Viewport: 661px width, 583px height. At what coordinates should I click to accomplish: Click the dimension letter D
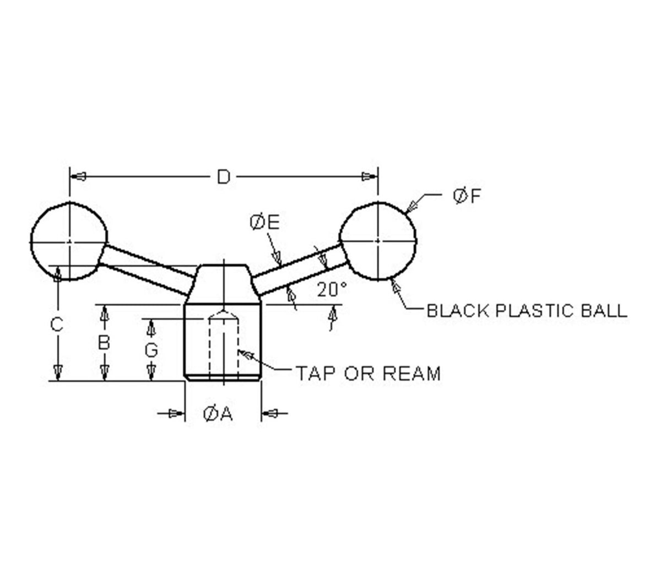(x=224, y=177)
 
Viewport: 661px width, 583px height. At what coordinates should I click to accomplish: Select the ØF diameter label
(x=467, y=196)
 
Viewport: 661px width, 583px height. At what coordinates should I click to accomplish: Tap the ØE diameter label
(x=264, y=222)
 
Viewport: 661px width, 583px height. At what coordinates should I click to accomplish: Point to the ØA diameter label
(x=218, y=414)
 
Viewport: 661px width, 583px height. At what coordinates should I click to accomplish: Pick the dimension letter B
(x=104, y=343)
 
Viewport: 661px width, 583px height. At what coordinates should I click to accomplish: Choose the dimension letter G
(x=151, y=350)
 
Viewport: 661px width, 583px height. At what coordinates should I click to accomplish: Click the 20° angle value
(x=332, y=289)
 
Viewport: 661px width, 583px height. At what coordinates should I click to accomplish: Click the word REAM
(x=411, y=373)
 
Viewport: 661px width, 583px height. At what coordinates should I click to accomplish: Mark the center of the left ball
(x=69, y=241)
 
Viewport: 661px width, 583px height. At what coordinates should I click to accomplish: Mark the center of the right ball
(x=378, y=241)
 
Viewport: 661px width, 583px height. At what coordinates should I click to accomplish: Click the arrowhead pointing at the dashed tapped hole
(x=245, y=354)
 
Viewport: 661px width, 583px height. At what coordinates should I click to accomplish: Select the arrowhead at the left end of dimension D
(x=78, y=177)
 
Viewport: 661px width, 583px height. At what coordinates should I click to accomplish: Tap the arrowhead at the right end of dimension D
(x=369, y=177)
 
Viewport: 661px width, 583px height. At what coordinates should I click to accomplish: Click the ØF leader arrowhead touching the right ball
(x=411, y=206)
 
